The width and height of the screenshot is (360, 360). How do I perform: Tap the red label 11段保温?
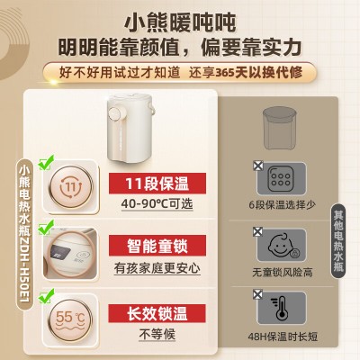tap(157, 184)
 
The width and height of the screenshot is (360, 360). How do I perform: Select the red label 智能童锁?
tap(157, 246)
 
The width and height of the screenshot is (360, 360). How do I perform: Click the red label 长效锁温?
tap(157, 314)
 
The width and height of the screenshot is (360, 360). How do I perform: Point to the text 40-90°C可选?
tap(157, 204)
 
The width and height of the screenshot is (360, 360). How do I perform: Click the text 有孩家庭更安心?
tap(157, 268)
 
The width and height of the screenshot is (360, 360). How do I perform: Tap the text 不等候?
tap(157, 335)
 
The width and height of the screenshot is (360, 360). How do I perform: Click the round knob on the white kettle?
tap(114, 114)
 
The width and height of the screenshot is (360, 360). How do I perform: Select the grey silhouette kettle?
tap(280, 128)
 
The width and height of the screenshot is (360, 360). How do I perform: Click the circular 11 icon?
tap(71, 186)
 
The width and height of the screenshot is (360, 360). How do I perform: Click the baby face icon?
tap(282, 245)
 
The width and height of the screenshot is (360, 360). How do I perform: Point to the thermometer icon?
tap(280, 308)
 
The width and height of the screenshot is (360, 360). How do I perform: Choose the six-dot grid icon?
tap(281, 179)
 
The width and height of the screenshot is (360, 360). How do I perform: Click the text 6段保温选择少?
tap(282, 205)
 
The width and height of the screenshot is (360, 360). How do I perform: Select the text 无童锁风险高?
tap(283, 273)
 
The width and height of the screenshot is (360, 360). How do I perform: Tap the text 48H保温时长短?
tap(283, 337)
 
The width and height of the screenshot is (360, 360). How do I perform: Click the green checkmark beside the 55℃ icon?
tap(46, 295)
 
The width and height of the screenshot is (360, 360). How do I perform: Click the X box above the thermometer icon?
tap(257, 294)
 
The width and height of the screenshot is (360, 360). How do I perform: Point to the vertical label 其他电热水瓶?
tap(338, 241)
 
